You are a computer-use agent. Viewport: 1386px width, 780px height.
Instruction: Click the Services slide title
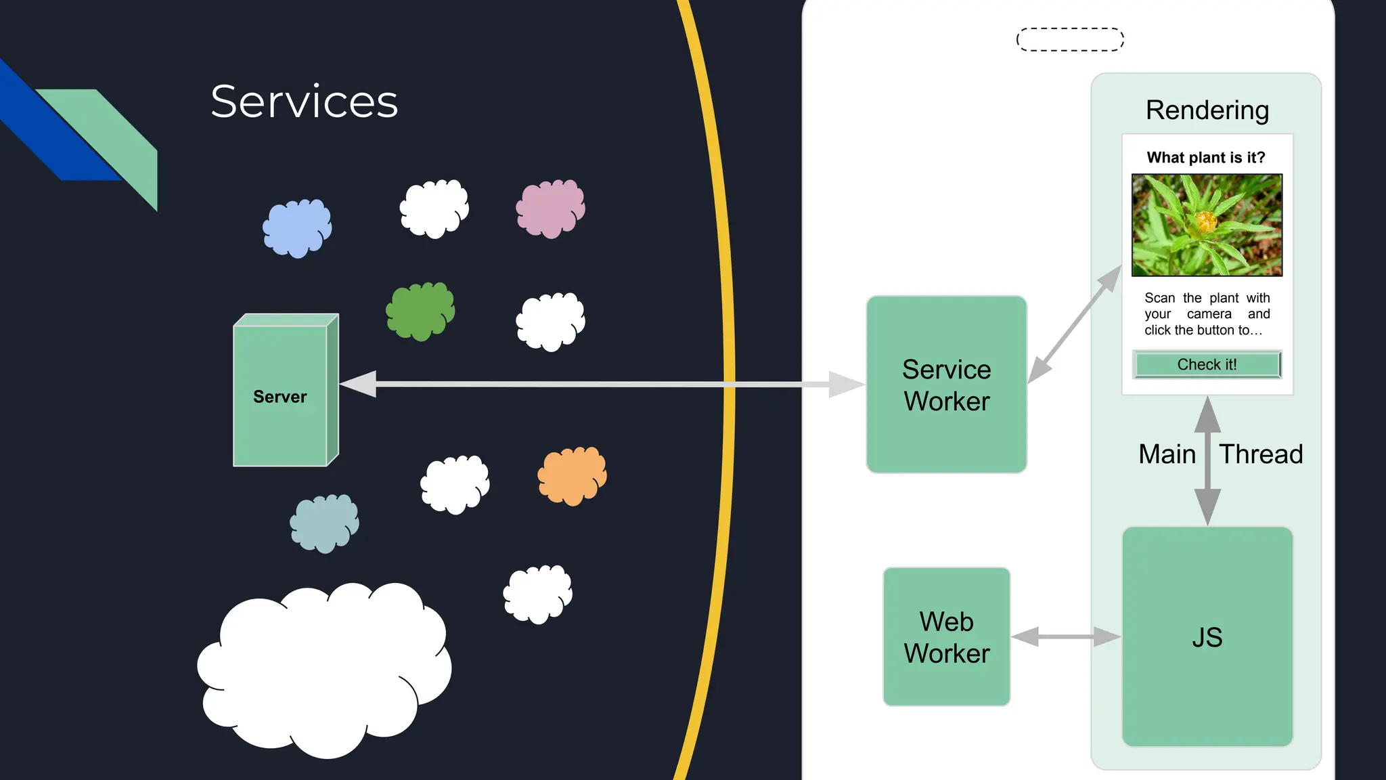[304, 102]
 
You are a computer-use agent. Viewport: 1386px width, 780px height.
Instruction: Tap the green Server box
[280, 396]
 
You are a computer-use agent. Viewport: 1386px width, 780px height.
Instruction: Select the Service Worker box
[946, 385]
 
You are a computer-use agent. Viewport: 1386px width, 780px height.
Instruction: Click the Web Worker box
[946, 636]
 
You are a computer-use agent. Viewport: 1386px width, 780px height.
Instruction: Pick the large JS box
[1207, 636]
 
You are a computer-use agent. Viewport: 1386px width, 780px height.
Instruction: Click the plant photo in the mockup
[1207, 225]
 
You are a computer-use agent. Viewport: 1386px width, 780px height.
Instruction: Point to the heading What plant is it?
[1205, 158]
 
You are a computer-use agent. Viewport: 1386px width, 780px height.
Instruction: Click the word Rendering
[1207, 110]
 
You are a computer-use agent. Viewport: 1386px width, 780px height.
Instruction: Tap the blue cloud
[297, 228]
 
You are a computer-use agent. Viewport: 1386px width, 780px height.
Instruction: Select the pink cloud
[550, 208]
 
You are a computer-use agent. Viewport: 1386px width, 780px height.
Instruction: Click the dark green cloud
[420, 311]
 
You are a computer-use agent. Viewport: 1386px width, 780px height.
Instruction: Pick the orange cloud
[572, 475]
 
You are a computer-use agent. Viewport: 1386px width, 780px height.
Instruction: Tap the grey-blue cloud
[324, 523]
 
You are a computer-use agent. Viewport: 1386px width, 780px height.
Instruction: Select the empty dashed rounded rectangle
[1070, 39]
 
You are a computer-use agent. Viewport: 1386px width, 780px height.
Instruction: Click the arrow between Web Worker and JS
[1066, 636]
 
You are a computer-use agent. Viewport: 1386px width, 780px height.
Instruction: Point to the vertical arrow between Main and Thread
[1207, 460]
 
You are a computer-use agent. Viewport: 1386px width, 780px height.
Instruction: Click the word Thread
[1261, 454]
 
